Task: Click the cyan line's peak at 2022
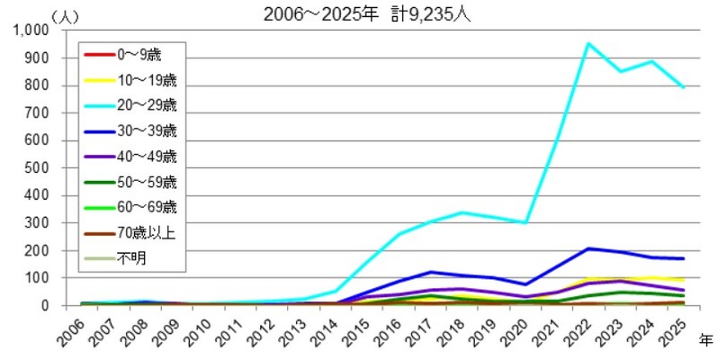(x=588, y=43)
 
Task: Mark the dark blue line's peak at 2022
(x=588, y=248)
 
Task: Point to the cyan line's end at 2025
(x=683, y=87)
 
